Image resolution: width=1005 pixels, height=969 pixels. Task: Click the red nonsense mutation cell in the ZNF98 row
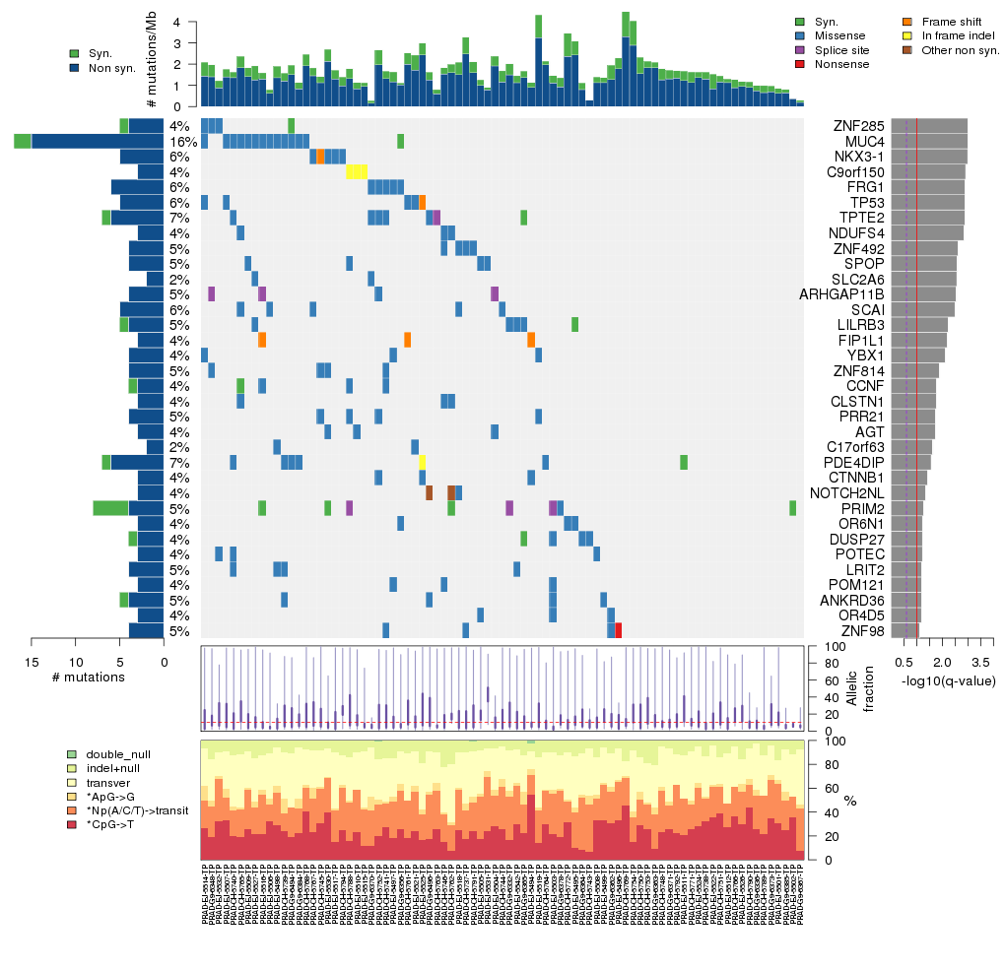618,630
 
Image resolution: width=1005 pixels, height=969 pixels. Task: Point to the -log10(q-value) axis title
948,681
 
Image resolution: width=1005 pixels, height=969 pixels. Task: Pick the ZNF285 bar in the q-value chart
929,126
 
